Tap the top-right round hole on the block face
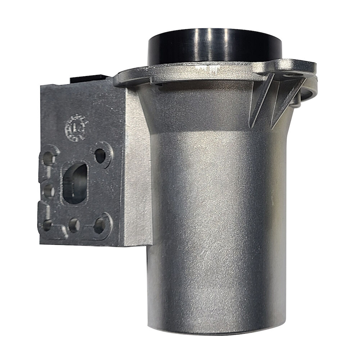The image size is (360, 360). (100, 155)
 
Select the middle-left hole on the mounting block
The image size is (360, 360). (49, 190)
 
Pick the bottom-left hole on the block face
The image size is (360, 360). (48, 225)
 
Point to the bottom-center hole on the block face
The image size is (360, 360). (74, 225)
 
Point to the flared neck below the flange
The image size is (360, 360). (202, 108)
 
